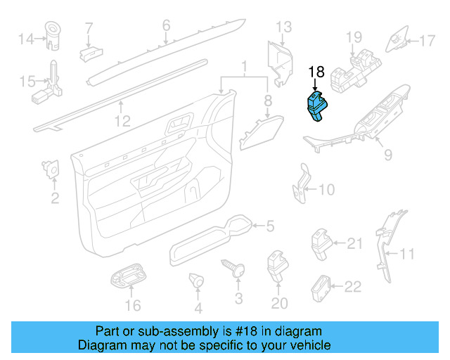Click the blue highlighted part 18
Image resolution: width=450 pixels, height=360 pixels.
(x=317, y=106)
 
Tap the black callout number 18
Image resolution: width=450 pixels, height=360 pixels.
(x=316, y=72)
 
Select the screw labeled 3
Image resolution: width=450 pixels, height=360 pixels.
(x=233, y=268)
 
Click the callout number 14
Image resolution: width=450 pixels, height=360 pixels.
(x=26, y=39)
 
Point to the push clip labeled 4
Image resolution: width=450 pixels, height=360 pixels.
(x=196, y=280)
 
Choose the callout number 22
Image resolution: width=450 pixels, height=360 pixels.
(x=353, y=286)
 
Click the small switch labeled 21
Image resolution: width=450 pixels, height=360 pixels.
(x=321, y=243)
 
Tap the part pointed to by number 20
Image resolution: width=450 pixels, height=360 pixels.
(x=277, y=266)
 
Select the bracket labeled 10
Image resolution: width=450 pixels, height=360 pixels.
(x=302, y=184)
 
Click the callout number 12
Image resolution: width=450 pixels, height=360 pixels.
(x=122, y=121)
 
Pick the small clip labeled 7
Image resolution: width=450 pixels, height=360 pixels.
(x=91, y=54)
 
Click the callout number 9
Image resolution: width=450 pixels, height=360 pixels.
(x=388, y=155)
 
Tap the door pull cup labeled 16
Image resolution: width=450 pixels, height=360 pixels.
(x=128, y=276)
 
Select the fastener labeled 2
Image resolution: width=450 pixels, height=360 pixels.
(x=51, y=169)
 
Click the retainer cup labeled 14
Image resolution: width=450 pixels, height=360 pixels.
(x=53, y=35)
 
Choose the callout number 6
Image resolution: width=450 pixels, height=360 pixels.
(x=166, y=25)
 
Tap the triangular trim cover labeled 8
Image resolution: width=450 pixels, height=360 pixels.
(x=261, y=132)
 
